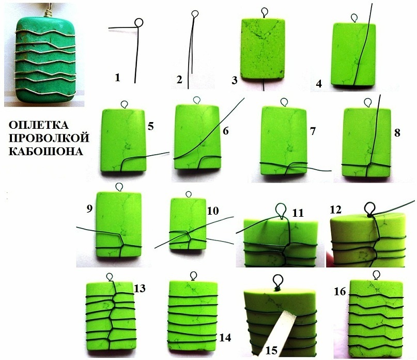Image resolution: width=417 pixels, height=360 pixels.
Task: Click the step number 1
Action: (117, 78)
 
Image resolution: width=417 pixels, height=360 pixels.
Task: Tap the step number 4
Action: (319, 84)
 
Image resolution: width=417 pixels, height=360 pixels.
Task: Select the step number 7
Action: (313, 131)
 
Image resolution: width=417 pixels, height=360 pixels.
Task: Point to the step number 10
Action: (213, 211)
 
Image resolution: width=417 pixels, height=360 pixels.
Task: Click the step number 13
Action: (140, 288)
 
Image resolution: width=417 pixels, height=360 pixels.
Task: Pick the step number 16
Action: (340, 292)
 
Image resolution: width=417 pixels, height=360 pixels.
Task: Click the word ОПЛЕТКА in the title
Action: (39, 125)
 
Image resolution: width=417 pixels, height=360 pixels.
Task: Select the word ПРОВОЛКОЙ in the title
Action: (49, 138)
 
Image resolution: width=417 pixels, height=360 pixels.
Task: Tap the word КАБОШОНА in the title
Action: (46, 151)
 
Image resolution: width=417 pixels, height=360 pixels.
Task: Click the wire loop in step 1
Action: (138, 22)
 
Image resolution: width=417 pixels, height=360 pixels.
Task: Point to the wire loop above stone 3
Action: (265, 12)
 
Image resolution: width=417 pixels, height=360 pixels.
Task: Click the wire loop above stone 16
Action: (376, 275)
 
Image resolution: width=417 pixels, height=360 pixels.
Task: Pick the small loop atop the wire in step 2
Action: (195, 13)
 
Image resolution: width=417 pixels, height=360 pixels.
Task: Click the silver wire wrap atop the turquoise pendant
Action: (49, 11)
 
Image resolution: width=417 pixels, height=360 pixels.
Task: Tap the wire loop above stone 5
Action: (125, 104)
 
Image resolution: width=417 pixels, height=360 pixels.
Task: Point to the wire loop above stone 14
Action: (193, 275)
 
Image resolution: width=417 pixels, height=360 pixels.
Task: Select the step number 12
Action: (335, 210)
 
